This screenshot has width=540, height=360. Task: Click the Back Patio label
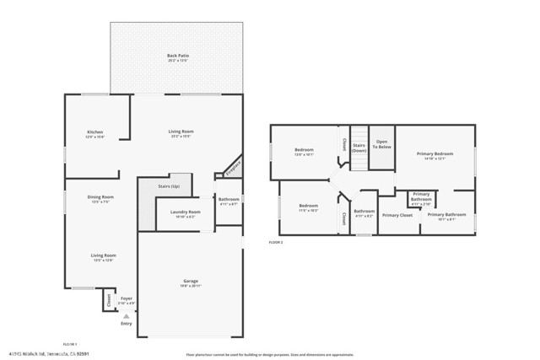pyautogui.click(x=177, y=56)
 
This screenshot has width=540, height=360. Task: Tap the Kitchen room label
pyautogui.click(x=95, y=132)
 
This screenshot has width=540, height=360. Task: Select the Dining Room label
pyautogui.click(x=100, y=197)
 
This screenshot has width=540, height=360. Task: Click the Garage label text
pyautogui.click(x=191, y=281)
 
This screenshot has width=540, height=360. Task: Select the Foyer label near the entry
pyautogui.click(x=127, y=298)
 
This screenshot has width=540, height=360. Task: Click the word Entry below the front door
pyautogui.click(x=127, y=324)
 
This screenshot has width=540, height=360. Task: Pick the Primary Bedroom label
pyautogui.click(x=438, y=154)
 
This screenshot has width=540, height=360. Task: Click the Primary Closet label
pyautogui.click(x=397, y=215)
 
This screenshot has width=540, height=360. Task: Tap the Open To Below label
pyautogui.click(x=382, y=144)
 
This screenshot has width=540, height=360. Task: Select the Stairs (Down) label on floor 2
pyautogui.click(x=359, y=148)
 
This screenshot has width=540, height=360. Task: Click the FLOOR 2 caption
pyautogui.click(x=276, y=243)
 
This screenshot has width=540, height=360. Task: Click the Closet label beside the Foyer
pyautogui.click(x=108, y=299)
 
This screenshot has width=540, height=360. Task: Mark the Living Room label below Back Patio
pyautogui.click(x=181, y=132)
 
